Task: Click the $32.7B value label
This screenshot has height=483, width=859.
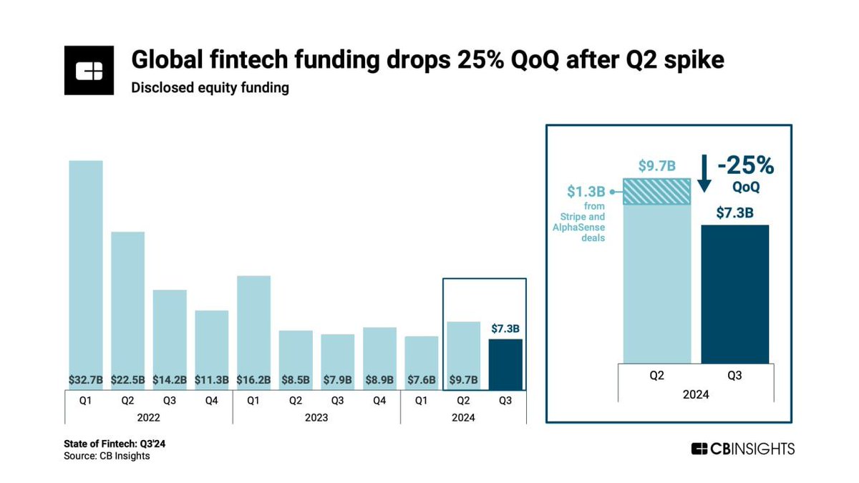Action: pyautogui.click(x=86, y=379)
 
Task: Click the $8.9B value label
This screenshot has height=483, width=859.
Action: pyautogui.click(x=379, y=379)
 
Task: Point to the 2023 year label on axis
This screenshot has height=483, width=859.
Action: pyautogui.click(x=316, y=417)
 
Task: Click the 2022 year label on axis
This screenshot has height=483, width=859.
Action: pyautogui.click(x=148, y=417)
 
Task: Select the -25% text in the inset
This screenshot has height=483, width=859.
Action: pyautogui.click(x=745, y=166)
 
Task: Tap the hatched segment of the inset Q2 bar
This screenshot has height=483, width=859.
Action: pyautogui.click(x=657, y=192)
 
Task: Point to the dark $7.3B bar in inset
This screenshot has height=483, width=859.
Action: pyautogui.click(x=734, y=293)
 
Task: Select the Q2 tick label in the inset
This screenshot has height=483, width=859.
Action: pyautogui.click(x=657, y=374)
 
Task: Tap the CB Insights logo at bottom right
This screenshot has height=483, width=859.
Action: pyautogui.click(x=743, y=449)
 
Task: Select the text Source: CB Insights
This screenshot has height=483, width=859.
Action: pyautogui.click(x=107, y=456)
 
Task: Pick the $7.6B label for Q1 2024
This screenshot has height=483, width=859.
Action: pyautogui.click(x=422, y=379)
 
